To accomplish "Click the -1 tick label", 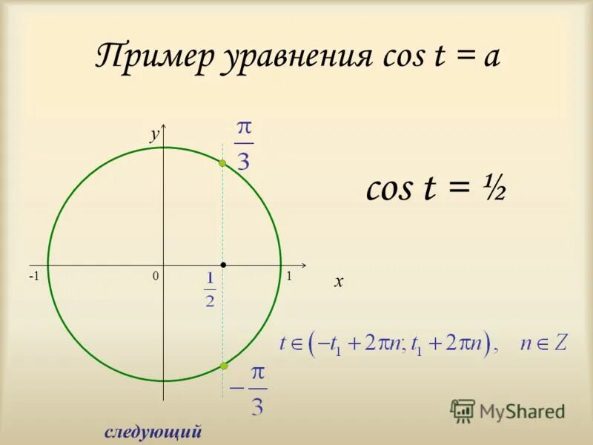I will (x=34, y=276).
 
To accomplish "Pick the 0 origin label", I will (x=156, y=276).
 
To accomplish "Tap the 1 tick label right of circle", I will (x=289, y=276).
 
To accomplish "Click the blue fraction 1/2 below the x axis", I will (x=210, y=289).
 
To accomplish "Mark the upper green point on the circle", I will (x=222, y=163).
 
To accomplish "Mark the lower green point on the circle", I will (x=223, y=366).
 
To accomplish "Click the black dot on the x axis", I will (x=223, y=264).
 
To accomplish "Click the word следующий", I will (x=153, y=432).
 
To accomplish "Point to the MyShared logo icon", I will (x=463, y=410).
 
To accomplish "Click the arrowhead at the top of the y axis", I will (x=164, y=127).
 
